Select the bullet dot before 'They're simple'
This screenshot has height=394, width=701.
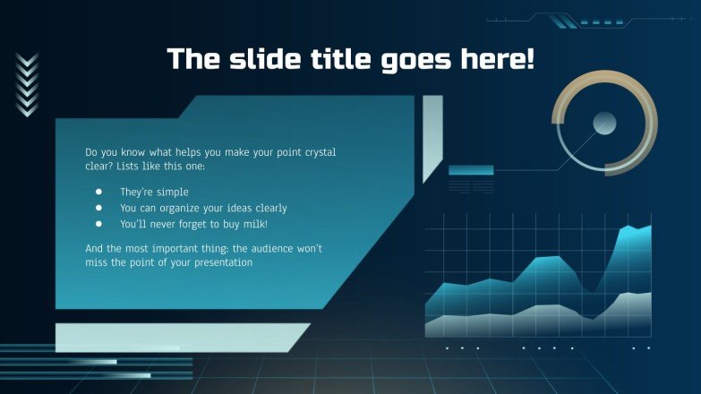pos(98,192)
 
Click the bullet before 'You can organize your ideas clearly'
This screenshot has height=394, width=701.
pos(98,208)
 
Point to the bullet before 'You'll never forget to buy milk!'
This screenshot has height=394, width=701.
pos(98,224)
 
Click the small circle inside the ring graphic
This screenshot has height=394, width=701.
pos(604,123)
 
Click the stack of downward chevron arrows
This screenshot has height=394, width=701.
pos(28,85)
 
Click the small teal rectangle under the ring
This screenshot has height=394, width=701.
pos(471,170)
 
